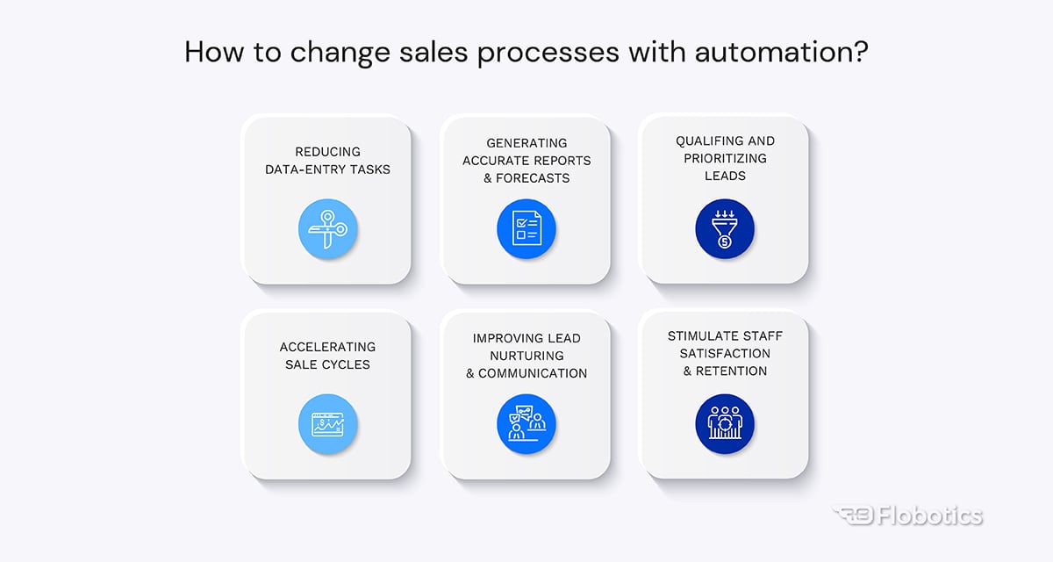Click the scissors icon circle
pyautogui.click(x=327, y=229)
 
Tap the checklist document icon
pyautogui.click(x=526, y=229)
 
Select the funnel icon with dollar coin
pyautogui.click(x=725, y=229)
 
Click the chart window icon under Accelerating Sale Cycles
pyautogui.click(x=327, y=424)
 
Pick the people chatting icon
pyautogui.click(x=526, y=424)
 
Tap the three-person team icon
pyautogui.click(x=725, y=424)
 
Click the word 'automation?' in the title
pyautogui.click(x=781, y=52)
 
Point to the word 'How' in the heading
pyautogui.click(x=214, y=52)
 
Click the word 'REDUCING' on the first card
pyautogui.click(x=327, y=152)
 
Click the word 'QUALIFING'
pyautogui.click(x=708, y=141)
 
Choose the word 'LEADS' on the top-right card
pyautogui.click(x=725, y=176)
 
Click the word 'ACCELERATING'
pyautogui.click(x=327, y=347)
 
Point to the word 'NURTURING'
pyautogui.click(x=526, y=356)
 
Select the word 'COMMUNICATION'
pyautogui.click(x=533, y=373)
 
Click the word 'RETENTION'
pyautogui.click(x=731, y=371)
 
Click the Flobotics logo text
pyautogui.click(x=930, y=516)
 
